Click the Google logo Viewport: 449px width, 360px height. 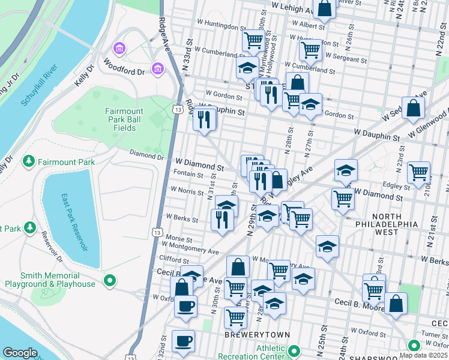click(x=20, y=353)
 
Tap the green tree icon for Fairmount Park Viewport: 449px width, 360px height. click(x=28, y=162)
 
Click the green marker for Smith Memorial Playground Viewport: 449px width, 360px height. click(x=109, y=280)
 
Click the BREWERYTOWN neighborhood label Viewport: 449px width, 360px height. click(x=257, y=334)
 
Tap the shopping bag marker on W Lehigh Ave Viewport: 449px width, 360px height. click(x=324, y=9)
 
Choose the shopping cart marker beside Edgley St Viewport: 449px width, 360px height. click(x=418, y=172)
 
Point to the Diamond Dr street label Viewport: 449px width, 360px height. click(x=146, y=157)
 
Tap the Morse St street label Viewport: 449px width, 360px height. click(x=179, y=238)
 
